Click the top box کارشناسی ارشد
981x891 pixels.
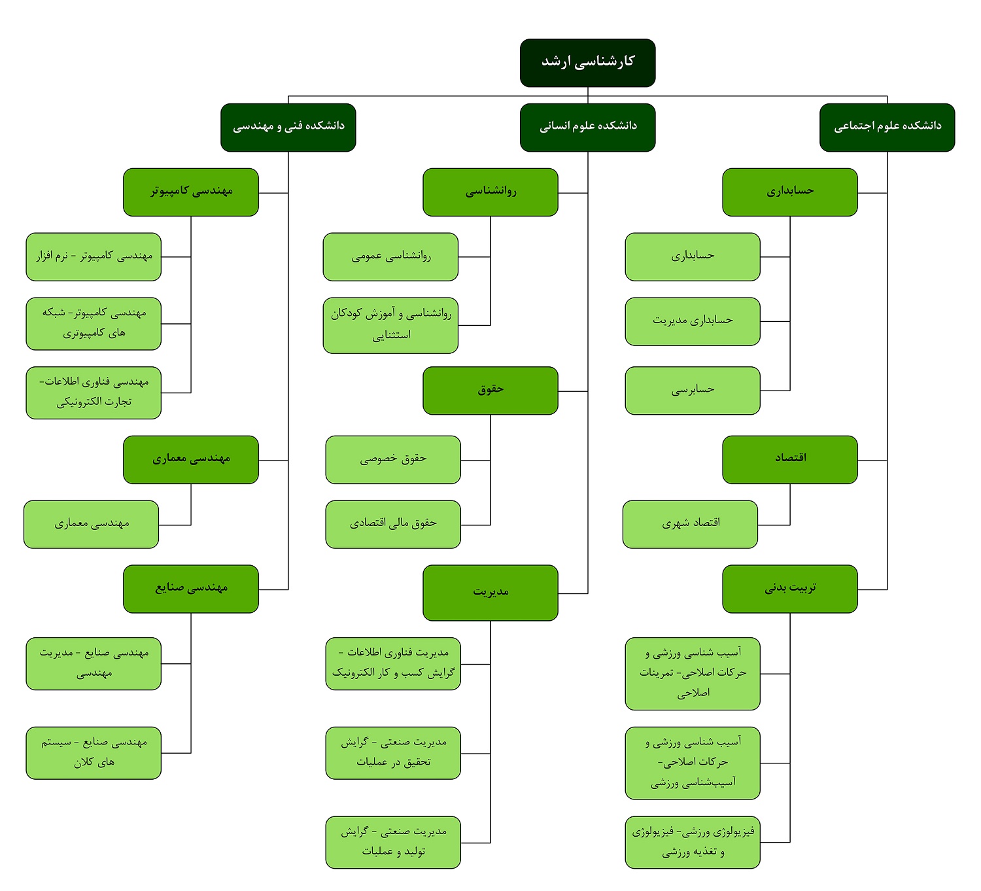[587, 63]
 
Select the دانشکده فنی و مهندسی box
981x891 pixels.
[288, 128]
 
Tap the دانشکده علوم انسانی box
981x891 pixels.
[587, 128]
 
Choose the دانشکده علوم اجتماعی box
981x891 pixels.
[887, 128]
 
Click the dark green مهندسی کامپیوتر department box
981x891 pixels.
[191, 192]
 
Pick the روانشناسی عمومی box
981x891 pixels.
[390, 256]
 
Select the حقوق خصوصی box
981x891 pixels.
[393, 459]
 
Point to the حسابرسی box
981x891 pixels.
[693, 391]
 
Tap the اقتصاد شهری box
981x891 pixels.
[690, 524]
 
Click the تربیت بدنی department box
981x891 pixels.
[790, 589]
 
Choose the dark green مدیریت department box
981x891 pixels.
[490, 593]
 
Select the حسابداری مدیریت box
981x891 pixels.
[693, 321]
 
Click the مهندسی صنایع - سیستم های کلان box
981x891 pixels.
[94, 752]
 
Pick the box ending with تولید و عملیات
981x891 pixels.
[393, 842]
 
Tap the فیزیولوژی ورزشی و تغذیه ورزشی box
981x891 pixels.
[693, 842]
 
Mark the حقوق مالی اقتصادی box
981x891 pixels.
[393, 524]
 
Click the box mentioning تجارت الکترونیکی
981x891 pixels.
[94, 393]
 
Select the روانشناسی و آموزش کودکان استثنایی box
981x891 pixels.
[390, 325]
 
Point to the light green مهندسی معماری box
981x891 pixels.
[91, 524]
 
